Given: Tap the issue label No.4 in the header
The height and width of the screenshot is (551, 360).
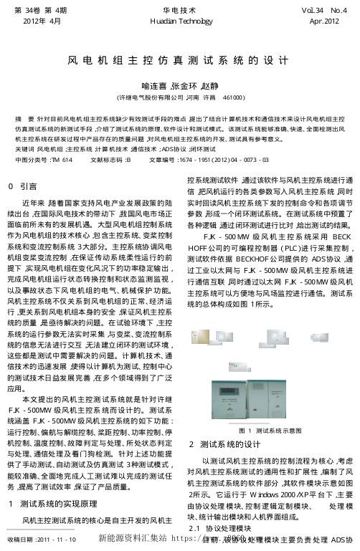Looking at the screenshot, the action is pyautogui.click(x=333, y=11).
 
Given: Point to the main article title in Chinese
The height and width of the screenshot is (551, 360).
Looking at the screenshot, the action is pyautogui.click(x=180, y=64).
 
